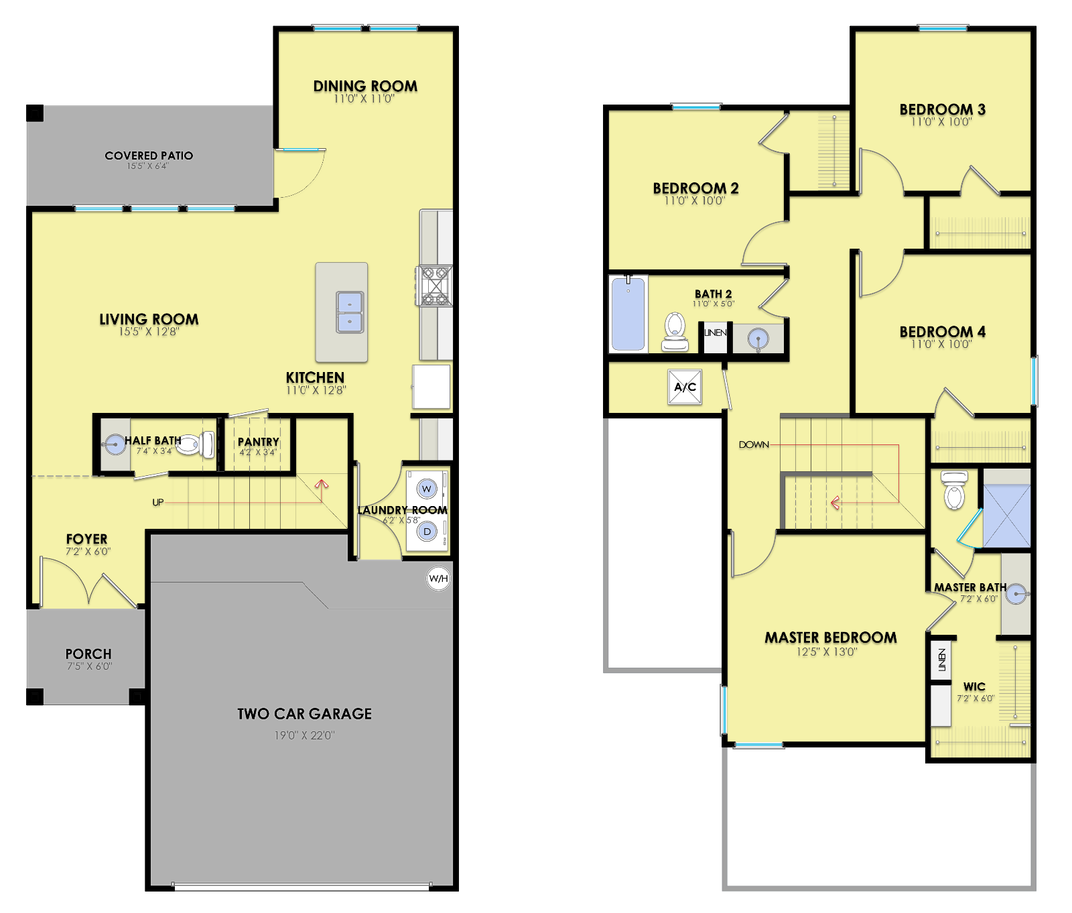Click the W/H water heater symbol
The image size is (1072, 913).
click(x=438, y=579)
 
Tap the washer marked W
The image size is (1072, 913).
click(x=427, y=489)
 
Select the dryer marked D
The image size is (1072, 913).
click(x=427, y=532)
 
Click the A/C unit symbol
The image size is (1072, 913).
click(x=685, y=387)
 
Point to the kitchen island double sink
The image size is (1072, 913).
click(x=350, y=312)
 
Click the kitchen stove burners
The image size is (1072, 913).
click(x=434, y=286)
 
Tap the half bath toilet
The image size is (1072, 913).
click(x=196, y=444)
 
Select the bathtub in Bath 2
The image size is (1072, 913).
click(x=628, y=314)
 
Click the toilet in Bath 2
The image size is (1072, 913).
click(x=675, y=332)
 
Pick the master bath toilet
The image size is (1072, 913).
click(x=954, y=490)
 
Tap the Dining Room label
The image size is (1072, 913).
click(x=365, y=86)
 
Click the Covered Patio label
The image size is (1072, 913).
click(x=149, y=156)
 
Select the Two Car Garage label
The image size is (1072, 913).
click(x=304, y=714)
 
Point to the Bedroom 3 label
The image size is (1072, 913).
click(x=942, y=109)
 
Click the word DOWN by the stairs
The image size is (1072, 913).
click(x=754, y=444)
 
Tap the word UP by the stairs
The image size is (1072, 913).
click(x=158, y=502)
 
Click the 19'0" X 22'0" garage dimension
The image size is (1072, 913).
click(x=304, y=735)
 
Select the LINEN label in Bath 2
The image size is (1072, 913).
click(x=715, y=332)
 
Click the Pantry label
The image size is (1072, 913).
click(x=259, y=442)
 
